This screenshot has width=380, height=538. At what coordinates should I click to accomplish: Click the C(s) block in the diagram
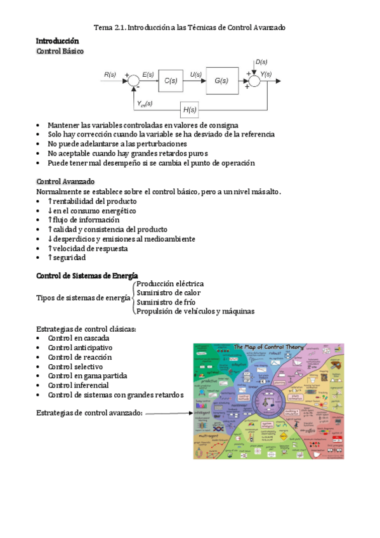click(x=171, y=81)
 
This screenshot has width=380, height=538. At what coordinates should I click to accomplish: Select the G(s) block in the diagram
click(x=221, y=81)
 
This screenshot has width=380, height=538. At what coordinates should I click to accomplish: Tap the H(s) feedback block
click(x=190, y=110)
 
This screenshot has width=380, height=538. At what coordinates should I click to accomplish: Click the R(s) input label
click(x=110, y=75)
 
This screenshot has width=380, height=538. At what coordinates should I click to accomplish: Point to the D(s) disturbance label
click(x=261, y=62)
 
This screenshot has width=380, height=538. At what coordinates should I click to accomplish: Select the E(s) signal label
click(x=148, y=75)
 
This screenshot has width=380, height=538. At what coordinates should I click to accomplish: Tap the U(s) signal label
click(x=197, y=75)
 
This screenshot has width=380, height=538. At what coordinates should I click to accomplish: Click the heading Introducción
click(x=57, y=41)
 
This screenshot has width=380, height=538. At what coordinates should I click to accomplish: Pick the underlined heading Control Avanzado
click(x=65, y=181)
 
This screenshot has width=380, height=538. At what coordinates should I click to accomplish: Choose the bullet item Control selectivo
click(x=76, y=366)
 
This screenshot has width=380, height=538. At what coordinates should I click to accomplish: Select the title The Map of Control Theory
click(x=270, y=348)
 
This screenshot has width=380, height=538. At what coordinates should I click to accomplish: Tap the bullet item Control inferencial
click(x=78, y=385)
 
